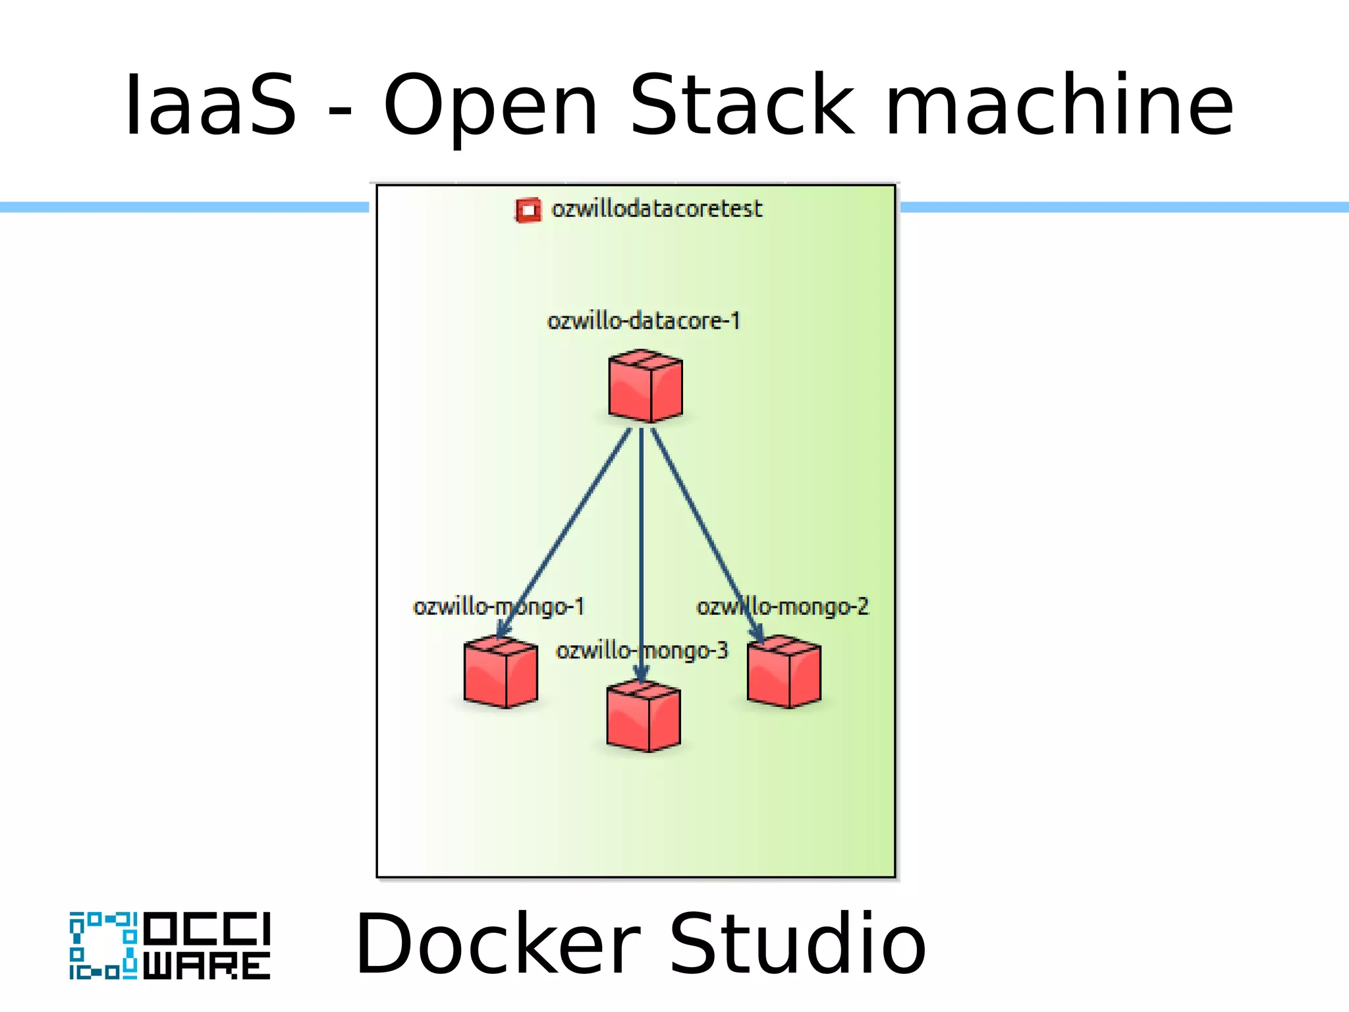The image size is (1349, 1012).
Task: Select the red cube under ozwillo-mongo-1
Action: (x=501, y=673)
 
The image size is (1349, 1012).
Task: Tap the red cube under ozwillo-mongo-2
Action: (x=784, y=673)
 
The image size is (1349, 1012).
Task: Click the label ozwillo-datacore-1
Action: (x=644, y=321)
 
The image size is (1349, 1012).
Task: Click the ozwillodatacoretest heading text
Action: (x=657, y=209)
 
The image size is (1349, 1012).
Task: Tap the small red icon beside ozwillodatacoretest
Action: (x=528, y=210)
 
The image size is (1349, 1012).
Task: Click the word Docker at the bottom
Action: (x=498, y=943)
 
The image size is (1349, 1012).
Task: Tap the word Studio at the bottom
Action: (x=798, y=943)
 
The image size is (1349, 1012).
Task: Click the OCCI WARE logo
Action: (x=170, y=946)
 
